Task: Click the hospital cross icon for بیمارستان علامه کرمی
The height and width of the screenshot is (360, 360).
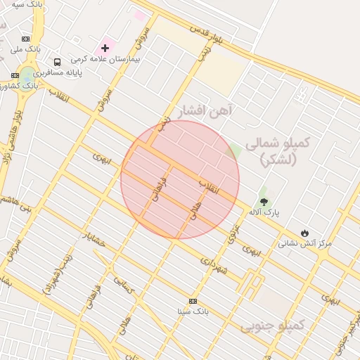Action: [105, 48]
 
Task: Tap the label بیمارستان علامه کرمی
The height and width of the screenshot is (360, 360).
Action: [110, 59]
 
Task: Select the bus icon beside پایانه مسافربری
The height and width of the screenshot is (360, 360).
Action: [57, 62]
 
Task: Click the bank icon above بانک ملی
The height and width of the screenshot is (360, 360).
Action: [26, 39]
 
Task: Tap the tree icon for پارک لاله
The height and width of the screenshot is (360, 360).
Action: [264, 202]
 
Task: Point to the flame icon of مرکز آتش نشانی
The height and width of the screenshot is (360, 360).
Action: [304, 233]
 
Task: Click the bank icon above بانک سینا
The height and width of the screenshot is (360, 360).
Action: [193, 301]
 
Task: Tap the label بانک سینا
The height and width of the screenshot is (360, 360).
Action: [193, 311]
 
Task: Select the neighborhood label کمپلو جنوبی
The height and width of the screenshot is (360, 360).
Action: [273, 326]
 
